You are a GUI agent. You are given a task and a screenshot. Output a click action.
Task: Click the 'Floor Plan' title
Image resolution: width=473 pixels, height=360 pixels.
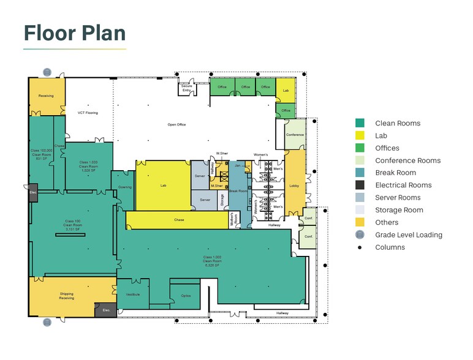pos(74,32)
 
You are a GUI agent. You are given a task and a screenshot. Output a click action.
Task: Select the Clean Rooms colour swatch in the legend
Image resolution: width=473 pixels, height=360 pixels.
pos(360,123)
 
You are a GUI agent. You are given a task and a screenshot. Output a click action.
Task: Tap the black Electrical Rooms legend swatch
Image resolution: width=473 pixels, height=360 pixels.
pos(360,185)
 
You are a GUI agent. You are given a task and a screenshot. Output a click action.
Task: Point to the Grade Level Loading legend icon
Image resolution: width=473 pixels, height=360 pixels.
pos(360,234)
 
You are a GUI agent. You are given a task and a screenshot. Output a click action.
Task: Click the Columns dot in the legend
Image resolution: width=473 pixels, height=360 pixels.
pos(360,247)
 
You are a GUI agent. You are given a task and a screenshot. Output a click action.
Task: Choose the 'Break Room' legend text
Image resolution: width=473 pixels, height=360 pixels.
pos(395,173)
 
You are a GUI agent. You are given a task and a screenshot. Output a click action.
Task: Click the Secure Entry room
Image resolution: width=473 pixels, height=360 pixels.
pos(186,89)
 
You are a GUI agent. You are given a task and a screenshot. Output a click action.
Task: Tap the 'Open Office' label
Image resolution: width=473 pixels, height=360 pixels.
pos(176,125)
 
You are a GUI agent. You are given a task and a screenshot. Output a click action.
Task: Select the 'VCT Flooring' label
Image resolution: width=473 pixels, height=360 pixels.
pos(88,113)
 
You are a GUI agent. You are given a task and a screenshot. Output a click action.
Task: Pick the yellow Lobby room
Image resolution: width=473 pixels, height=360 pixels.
pos(295,186)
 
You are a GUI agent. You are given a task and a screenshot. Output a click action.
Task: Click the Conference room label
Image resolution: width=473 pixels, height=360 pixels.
pos(295,135)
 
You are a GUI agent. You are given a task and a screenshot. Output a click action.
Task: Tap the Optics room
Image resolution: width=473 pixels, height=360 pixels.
pos(186,296)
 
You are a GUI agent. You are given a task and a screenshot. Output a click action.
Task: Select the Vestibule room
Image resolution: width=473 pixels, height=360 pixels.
pos(133,294)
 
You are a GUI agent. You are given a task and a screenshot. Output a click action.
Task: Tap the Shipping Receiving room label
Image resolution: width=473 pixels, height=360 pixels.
pos(66,296)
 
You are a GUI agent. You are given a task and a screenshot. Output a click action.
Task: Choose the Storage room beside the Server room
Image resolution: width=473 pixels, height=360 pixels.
pos(222,200)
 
